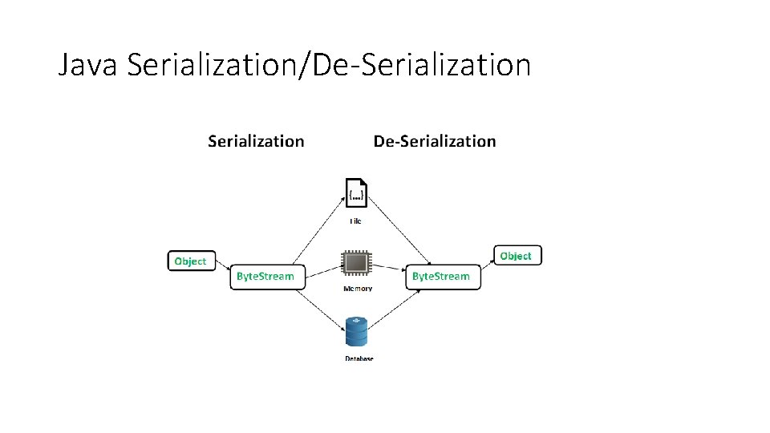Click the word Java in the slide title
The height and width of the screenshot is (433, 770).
pos(88,64)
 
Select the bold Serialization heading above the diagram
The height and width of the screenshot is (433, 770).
pos(256,141)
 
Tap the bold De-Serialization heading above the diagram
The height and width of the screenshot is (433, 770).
pos(435,141)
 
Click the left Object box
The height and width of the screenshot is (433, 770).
pos(191,261)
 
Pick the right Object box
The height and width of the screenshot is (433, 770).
pos(517,255)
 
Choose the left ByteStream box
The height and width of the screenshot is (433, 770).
pos(265,276)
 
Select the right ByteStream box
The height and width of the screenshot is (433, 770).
pos(441,276)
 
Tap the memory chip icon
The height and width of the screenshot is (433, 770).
pos(356,265)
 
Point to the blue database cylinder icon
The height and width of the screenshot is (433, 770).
pos(356,333)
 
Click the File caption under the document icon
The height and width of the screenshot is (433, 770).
pos(355,221)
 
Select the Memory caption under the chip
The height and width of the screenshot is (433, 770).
pos(357,289)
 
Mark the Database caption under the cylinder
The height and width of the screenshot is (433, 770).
pos(359,358)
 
